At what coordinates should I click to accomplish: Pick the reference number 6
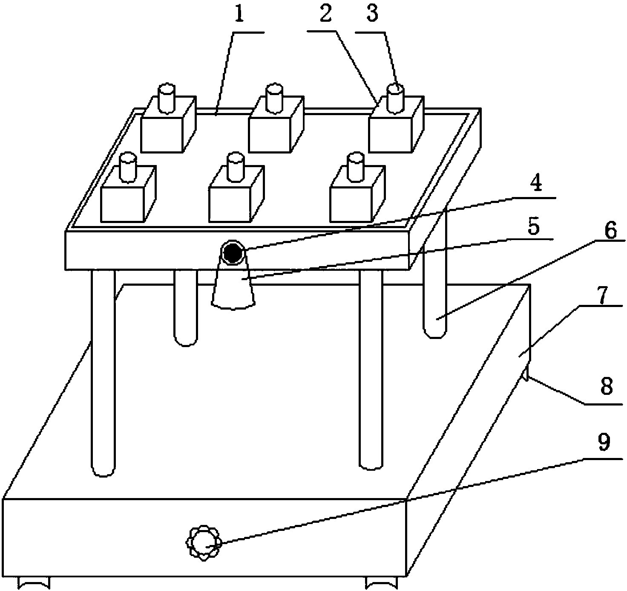[x=610, y=232]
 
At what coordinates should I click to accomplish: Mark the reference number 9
[x=604, y=443]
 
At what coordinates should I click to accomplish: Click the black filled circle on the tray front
[x=233, y=253]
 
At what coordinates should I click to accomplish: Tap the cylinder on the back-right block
[x=395, y=98]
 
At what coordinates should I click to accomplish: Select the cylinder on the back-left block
[x=167, y=98]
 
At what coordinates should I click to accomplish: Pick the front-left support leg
[x=103, y=373]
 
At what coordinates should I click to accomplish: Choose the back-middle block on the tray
[x=276, y=124]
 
